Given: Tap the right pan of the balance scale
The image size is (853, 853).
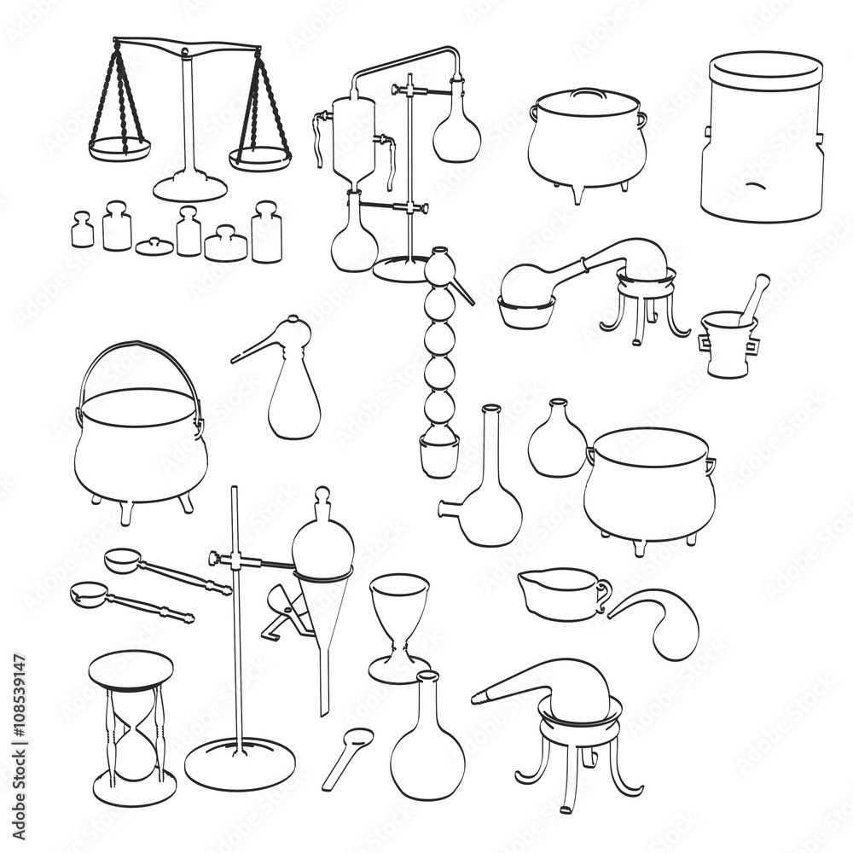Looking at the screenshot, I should (x=260, y=159).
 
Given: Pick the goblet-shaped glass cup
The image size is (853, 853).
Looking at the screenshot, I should (x=399, y=623).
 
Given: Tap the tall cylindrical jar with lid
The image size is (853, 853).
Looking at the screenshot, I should (x=762, y=136).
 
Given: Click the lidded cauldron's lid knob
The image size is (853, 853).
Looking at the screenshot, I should (x=587, y=90).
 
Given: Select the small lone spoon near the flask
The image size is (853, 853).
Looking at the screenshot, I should (x=348, y=756).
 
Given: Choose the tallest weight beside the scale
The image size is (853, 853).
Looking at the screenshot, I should (x=266, y=232).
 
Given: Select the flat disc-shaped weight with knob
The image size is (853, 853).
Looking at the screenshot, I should (x=154, y=246).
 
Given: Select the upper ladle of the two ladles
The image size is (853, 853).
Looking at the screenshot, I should (x=166, y=571).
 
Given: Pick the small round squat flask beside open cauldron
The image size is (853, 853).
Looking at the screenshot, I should (x=557, y=444).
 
